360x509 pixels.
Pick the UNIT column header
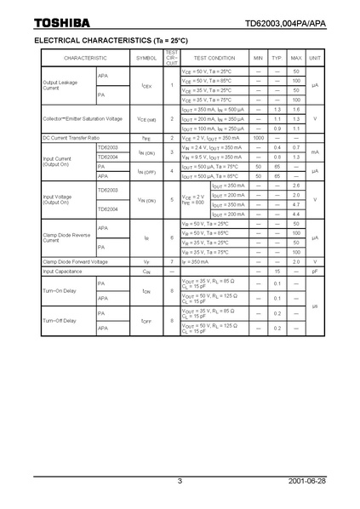click(x=315, y=57)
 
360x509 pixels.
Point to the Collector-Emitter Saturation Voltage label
click(x=82, y=118)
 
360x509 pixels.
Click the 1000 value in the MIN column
click(x=258, y=137)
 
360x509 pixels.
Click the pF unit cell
click(x=315, y=271)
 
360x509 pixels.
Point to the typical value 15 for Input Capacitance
click(x=277, y=271)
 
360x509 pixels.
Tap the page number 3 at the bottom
click(x=180, y=481)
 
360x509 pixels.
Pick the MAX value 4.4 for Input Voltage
click(x=296, y=214)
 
